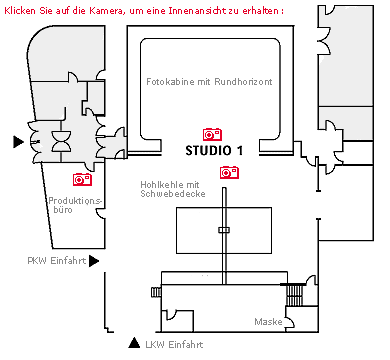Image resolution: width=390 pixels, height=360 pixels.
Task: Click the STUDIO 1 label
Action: pos(214,150)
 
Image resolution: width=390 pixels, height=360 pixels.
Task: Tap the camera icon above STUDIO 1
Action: pos(212,134)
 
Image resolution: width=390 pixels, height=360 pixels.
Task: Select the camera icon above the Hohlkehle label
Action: pos(229,172)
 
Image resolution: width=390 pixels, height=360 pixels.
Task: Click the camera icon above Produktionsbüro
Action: pos(83,179)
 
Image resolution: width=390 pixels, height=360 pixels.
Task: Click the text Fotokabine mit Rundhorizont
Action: pos(208,81)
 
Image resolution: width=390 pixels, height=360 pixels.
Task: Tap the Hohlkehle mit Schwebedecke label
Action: pos(172,189)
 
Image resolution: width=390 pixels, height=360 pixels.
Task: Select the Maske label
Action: pos(267,322)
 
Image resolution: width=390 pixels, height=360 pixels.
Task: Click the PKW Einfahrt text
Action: pos(56,260)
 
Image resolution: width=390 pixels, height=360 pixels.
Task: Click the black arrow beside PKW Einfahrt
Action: pos(94,261)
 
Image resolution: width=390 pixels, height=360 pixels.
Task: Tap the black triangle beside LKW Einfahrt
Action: pos(134,344)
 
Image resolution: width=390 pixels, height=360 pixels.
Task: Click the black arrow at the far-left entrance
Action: pos(17,142)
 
